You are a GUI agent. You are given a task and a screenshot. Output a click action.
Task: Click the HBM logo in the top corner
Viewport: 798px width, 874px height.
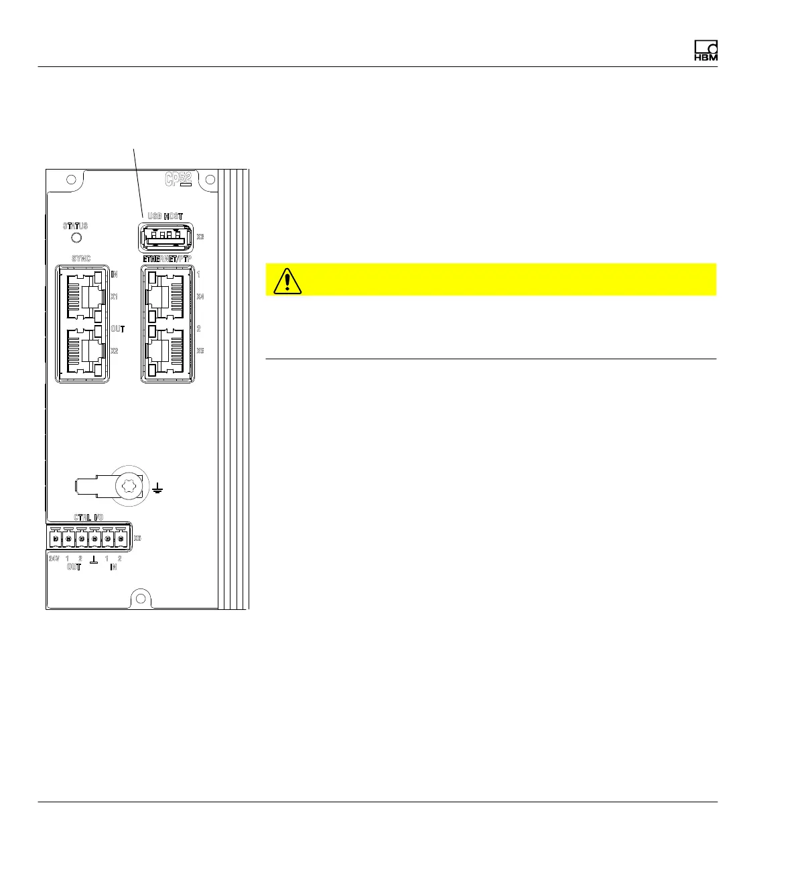706,51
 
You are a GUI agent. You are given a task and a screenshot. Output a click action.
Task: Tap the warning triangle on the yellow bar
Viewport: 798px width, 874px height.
287,281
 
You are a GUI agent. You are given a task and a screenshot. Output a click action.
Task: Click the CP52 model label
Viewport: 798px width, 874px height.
179,180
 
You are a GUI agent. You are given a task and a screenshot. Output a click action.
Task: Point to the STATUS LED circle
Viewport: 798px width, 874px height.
76,238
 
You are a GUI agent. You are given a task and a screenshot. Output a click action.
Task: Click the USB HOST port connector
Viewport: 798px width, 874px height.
165,237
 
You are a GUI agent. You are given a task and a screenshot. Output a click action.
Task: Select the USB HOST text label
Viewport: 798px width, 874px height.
165,216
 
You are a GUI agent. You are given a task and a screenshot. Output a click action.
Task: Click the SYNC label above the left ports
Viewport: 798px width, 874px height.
80,259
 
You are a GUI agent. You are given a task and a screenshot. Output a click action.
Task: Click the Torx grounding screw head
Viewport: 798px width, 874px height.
127,485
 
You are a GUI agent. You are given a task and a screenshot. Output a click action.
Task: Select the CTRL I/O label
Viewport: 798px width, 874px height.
88,517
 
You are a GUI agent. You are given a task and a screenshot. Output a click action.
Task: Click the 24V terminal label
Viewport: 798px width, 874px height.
54,558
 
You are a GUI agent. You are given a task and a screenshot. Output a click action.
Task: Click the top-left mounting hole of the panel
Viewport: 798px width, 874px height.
70,180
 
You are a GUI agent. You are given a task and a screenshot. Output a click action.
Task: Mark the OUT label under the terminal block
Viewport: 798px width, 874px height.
74,567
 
